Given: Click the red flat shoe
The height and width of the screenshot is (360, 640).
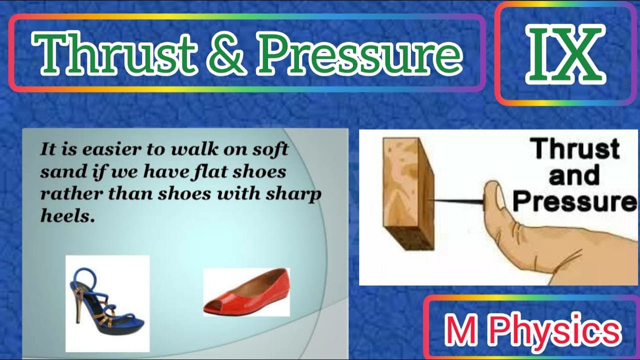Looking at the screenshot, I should [246, 292].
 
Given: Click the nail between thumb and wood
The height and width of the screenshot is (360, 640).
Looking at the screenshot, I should [457, 200].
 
